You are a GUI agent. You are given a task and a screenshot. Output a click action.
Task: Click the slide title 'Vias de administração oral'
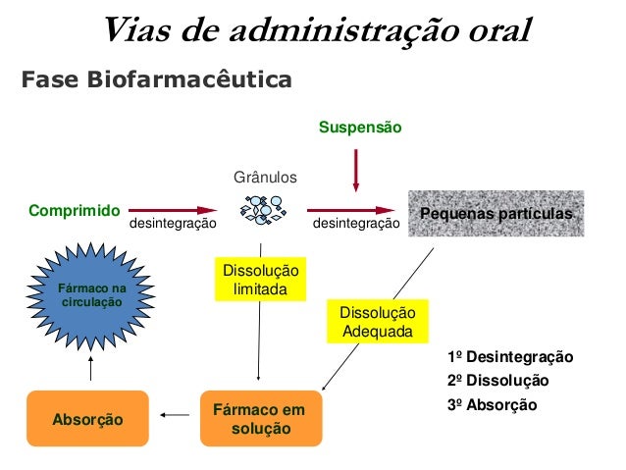pos(317,30)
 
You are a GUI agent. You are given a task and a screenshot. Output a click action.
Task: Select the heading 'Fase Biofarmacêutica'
pos(157,79)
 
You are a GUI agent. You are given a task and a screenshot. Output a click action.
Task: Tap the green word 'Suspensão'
pos(360,128)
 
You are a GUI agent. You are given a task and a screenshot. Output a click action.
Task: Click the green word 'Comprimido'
pos(75,210)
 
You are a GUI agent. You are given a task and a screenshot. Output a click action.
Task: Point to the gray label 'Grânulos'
pos(264,178)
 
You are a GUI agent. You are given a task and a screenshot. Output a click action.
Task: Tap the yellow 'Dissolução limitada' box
pos(259,280)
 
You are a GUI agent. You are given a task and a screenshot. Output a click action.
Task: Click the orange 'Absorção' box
pos(87,419)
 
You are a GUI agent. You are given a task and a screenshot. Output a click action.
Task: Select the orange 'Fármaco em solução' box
pos(259,419)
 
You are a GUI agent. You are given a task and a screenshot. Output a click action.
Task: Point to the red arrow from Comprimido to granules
pos(173,210)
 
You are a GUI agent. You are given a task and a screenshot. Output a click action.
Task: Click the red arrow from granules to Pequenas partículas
pos(354,210)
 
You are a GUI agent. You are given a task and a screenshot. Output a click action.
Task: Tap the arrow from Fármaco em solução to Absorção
pos(174,416)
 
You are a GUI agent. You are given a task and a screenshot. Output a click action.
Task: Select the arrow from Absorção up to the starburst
pos(90,369)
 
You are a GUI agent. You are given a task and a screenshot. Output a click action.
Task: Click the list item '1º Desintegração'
pos(509,356)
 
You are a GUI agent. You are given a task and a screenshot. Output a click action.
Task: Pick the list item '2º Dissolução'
pos(497,380)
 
